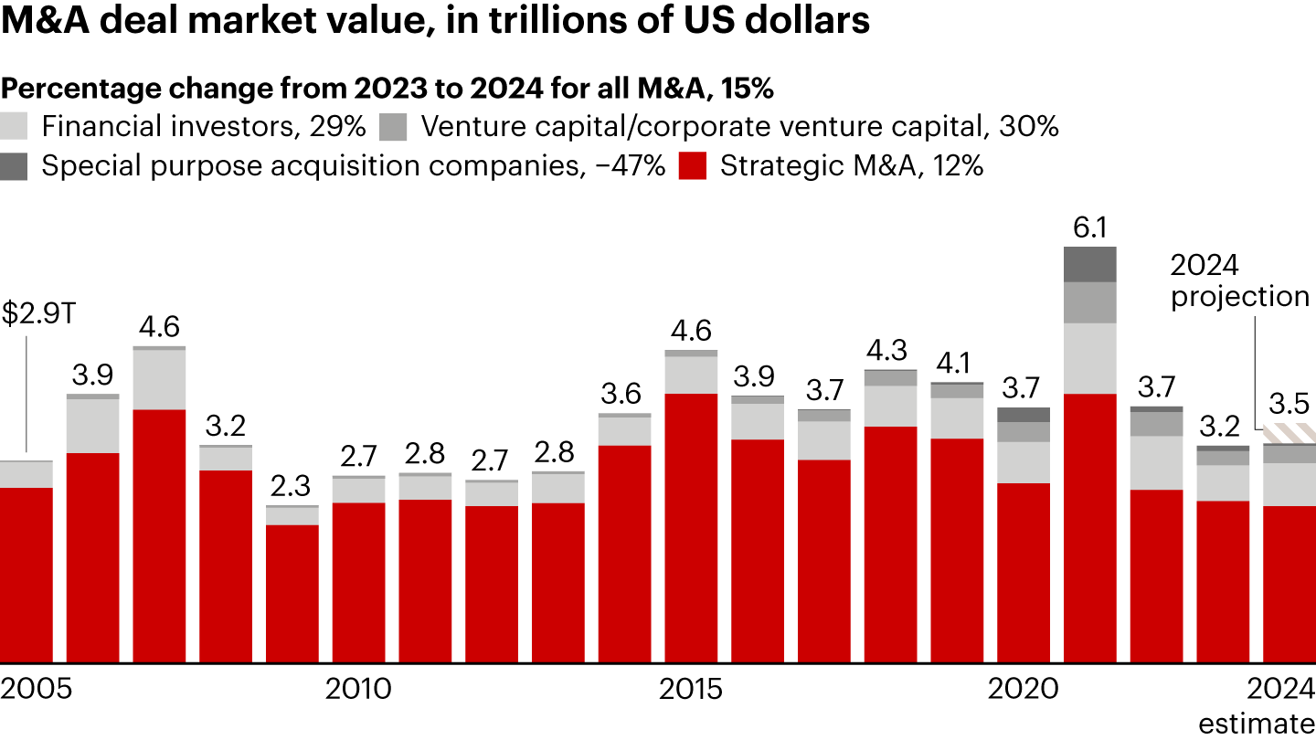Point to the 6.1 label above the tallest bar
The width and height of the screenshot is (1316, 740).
[1090, 227]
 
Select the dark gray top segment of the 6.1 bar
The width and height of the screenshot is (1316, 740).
[1090, 264]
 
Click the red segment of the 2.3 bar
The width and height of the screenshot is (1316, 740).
[292, 593]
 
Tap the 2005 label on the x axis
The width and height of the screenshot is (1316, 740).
[37, 689]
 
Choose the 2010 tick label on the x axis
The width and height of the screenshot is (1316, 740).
[358, 689]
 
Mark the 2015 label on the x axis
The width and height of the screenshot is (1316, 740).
[690, 689]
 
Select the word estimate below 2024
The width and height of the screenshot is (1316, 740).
[1257, 723]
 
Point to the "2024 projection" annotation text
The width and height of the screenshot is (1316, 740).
[1240, 280]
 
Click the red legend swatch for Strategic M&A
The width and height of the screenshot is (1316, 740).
[694, 166]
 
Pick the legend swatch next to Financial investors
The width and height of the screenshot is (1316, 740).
[16, 126]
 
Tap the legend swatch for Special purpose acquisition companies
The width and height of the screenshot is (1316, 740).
[16, 166]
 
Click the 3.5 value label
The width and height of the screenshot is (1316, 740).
[1289, 403]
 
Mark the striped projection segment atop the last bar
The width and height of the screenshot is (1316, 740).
[1289, 434]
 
